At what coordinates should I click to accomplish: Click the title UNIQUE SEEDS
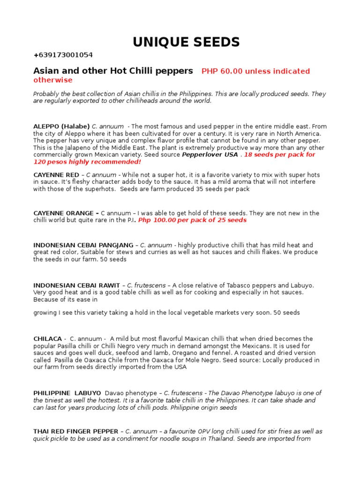pos(186,42)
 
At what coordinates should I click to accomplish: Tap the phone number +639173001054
pos(63,55)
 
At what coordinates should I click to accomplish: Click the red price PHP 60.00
pos(222,71)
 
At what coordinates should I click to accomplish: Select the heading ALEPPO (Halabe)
pos(61,127)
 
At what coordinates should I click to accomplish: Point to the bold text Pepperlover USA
pos(210,155)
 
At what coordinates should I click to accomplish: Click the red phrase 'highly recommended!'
pos(112,162)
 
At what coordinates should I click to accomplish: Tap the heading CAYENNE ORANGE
pos(63,213)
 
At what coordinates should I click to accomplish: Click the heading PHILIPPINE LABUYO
pos(67,393)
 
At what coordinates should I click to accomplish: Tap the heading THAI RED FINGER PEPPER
pos(76,431)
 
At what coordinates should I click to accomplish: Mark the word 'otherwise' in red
pos(53,80)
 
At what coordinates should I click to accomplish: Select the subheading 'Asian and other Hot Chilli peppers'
pos(113,71)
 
